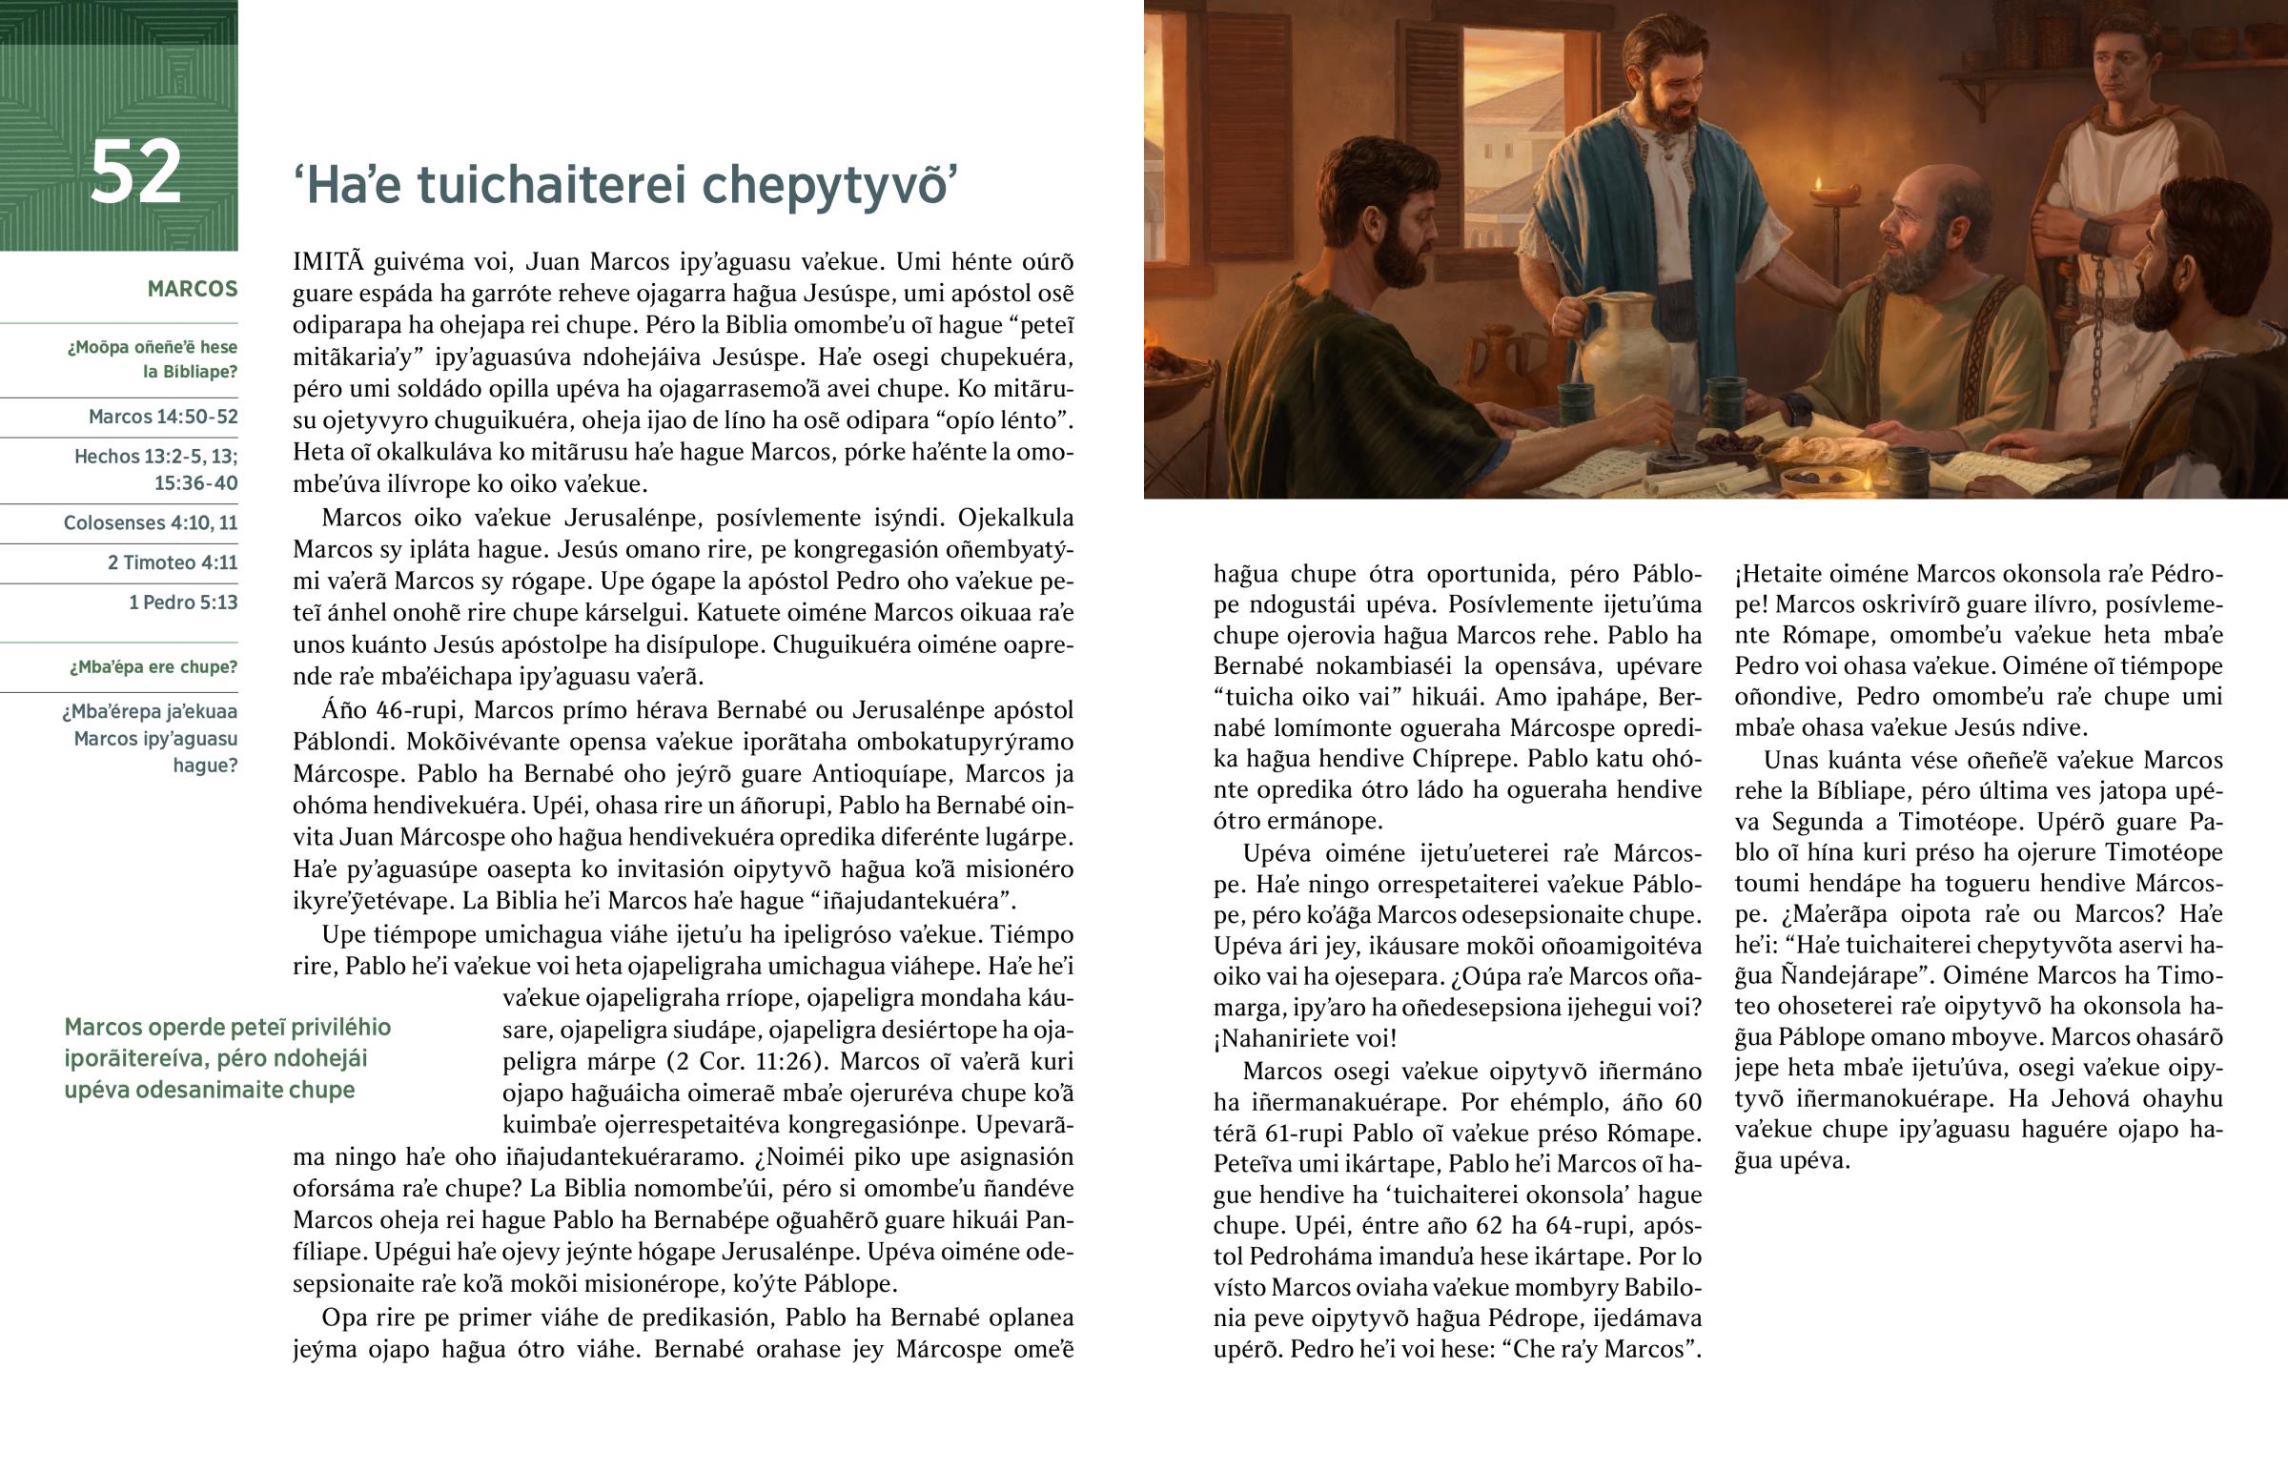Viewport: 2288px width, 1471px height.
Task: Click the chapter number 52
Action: (135, 172)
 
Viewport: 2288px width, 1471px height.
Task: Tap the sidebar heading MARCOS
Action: (192, 290)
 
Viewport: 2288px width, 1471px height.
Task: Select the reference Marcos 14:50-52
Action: (162, 417)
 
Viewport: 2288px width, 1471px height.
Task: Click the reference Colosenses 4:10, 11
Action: (150, 522)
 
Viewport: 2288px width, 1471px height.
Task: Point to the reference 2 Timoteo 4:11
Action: (172, 562)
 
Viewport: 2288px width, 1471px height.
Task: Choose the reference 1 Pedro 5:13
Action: (182, 603)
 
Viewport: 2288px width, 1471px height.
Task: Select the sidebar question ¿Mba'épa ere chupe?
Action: (153, 666)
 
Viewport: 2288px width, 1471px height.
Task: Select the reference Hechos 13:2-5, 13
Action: (155, 457)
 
